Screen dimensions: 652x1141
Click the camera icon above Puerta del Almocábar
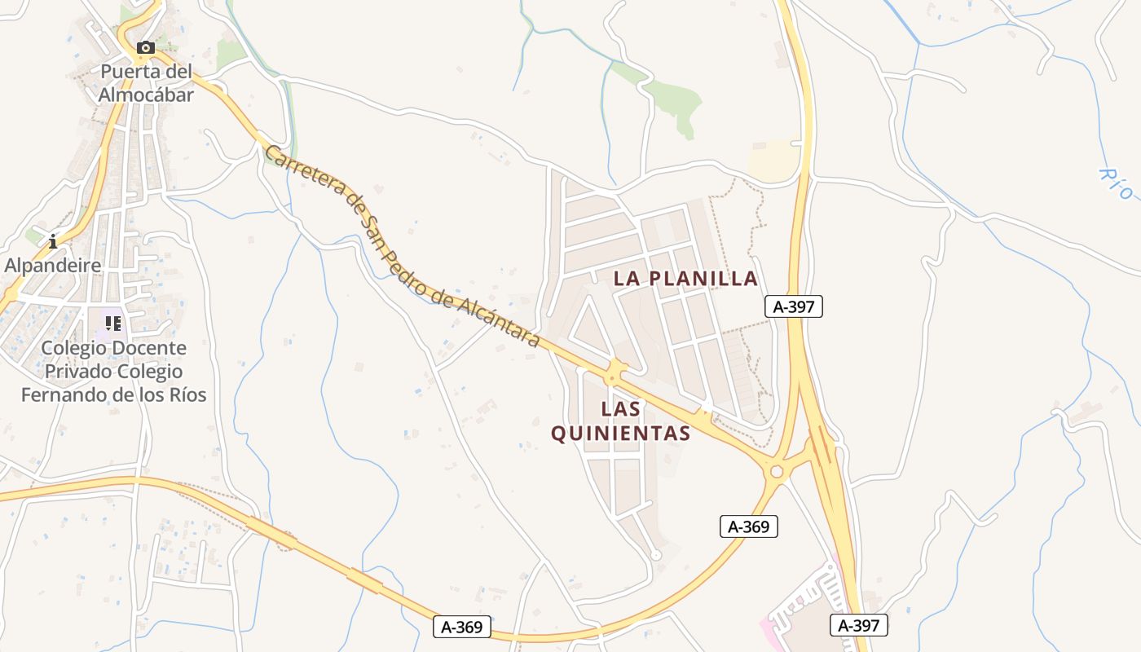[146, 48]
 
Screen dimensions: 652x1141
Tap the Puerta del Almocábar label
[147, 83]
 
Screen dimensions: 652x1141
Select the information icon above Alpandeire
[53, 241]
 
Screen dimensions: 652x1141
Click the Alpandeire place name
[53, 266]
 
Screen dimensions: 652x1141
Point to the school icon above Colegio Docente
[113, 324]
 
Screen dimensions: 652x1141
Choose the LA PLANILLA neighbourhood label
[685, 279]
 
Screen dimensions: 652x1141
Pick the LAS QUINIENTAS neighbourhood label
[621, 421]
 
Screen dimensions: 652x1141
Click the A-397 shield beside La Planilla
[794, 306]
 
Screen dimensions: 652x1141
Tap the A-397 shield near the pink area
[859, 625]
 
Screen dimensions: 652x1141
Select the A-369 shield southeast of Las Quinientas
[749, 526]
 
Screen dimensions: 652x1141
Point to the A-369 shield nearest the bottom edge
[462, 627]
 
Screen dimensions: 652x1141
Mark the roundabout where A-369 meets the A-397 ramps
[776, 471]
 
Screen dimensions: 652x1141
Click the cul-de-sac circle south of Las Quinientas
[656, 555]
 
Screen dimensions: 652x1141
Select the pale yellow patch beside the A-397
[774, 161]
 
